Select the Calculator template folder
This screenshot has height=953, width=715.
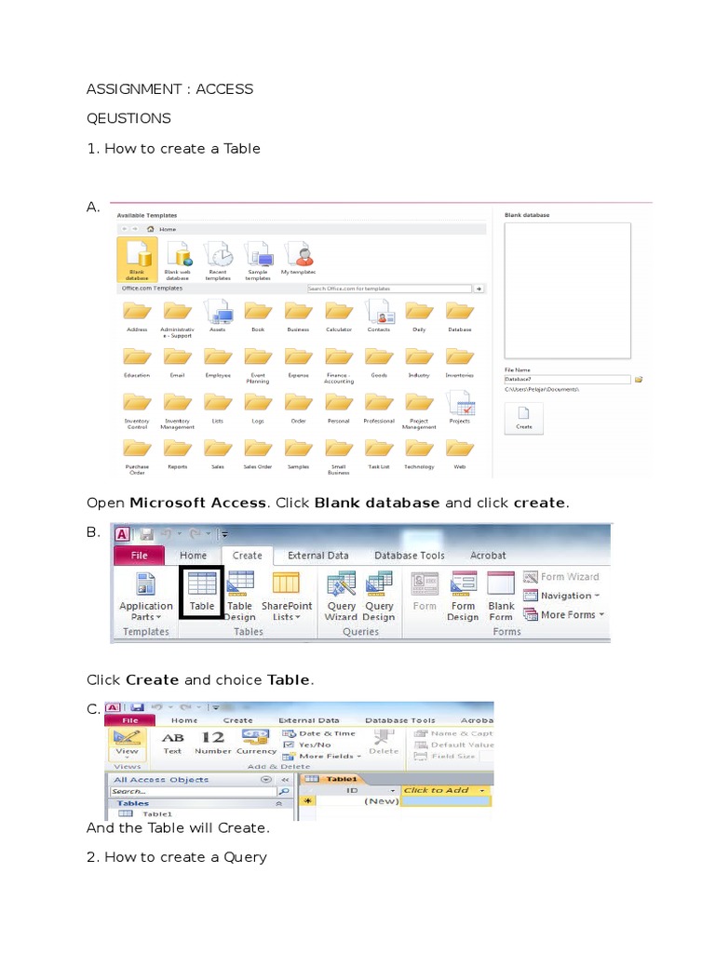click(x=338, y=313)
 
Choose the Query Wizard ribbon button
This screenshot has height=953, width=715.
click(x=341, y=596)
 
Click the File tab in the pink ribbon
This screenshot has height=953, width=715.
click(x=139, y=556)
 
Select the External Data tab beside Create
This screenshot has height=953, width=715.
click(x=317, y=556)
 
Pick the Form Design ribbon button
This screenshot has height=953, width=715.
click(x=462, y=596)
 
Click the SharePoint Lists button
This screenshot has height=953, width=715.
click(x=286, y=596)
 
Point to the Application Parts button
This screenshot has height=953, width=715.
click(x=145, y=596)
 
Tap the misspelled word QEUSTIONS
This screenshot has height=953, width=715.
click(x=128, y=118)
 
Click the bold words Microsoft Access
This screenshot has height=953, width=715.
click(x=198, y=503)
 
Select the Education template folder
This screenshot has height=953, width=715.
click(x=137, y=358)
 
